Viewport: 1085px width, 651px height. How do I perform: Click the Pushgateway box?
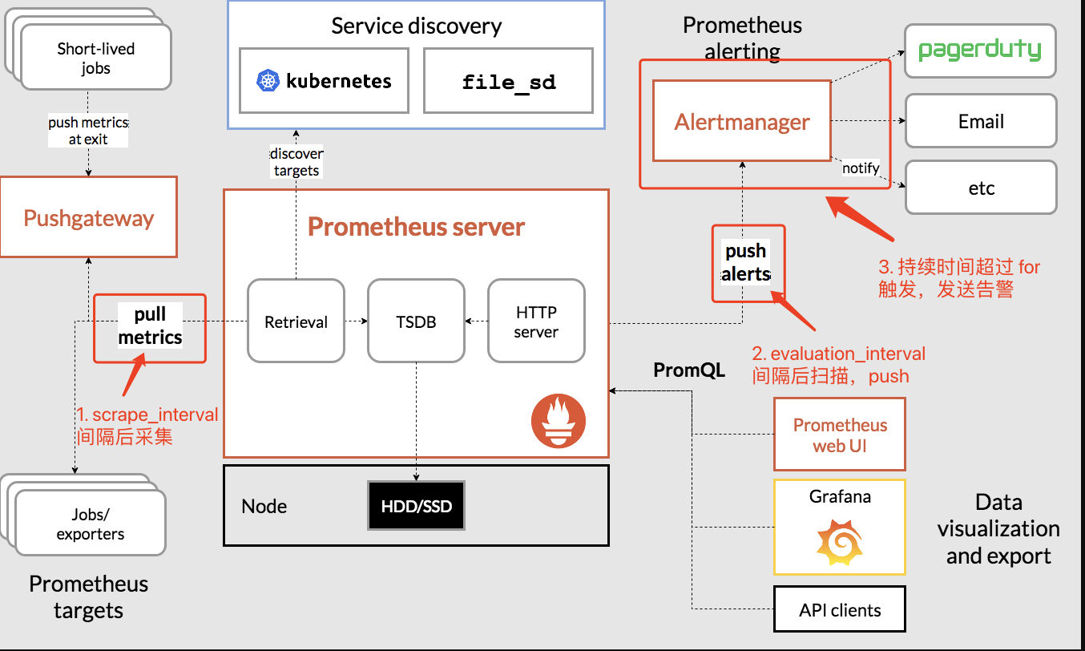tap(88, 218)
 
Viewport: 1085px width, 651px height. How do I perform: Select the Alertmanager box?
tap(741, 122)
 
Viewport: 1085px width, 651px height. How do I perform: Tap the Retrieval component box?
tap(296, 321)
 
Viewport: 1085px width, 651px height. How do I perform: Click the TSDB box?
tap(416, 321)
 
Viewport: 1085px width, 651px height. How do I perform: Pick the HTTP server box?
tap(536, 321)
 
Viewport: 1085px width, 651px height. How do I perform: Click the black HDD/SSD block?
tap(416, 506)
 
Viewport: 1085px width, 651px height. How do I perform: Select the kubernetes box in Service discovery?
tap(324, 80)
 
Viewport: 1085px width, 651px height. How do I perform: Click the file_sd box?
tap(508, 81)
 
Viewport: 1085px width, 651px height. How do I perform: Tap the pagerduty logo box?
tap(980, 51)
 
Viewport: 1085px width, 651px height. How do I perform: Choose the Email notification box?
tap(980, 121)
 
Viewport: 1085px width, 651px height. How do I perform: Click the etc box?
tap(980, 188)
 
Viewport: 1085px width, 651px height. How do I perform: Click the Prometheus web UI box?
tap(839, 435)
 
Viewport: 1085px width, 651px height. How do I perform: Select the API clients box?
tap(839, 610)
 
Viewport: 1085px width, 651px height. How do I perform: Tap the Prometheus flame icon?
tap(559, 421)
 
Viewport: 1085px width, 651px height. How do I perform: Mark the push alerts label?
tap(746, 263)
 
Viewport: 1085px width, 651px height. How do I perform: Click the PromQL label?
tap(689, 370)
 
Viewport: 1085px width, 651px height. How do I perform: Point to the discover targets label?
tap(296, 162)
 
